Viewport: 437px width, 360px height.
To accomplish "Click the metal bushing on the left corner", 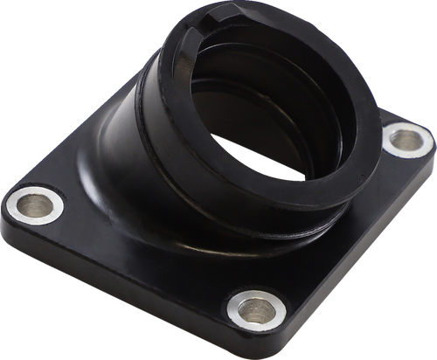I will (x=35, y=205).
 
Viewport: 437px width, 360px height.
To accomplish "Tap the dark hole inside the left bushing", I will (x=35, y=206).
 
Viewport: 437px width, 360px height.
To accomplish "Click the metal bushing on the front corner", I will (x=255, y=308).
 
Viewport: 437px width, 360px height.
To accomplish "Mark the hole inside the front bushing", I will (x=256, y=308).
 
